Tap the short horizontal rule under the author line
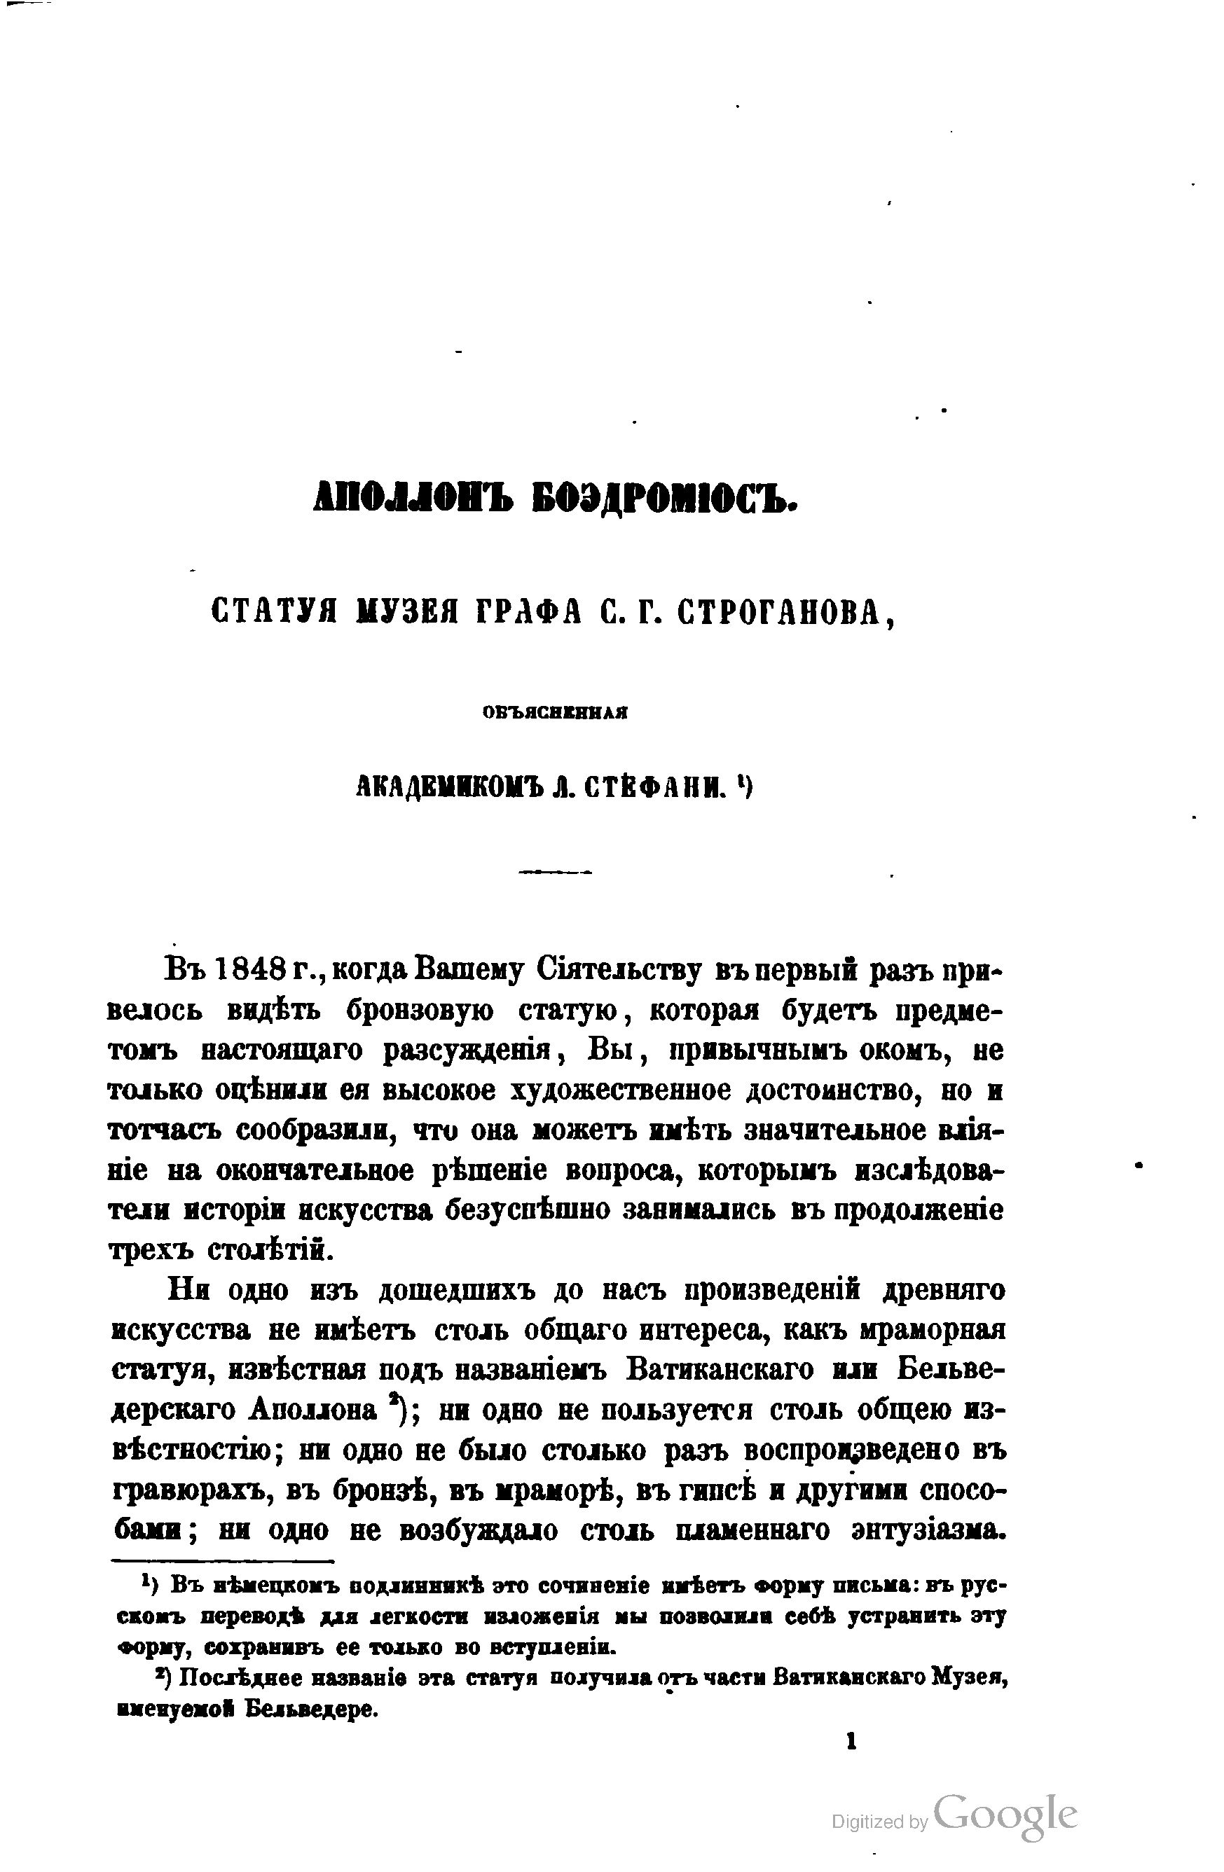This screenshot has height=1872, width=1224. [x=556, y=871]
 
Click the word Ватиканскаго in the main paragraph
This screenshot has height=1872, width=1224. [x=720, y=1369]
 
